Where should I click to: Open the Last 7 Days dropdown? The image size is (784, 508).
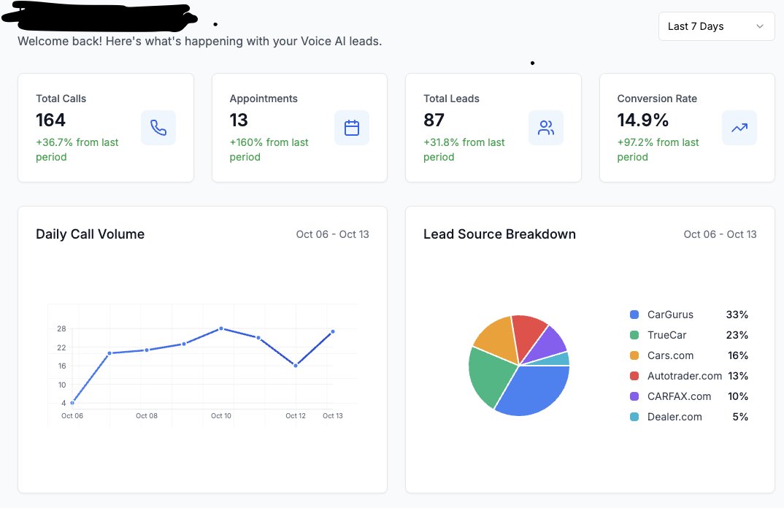click(x=715, y=26)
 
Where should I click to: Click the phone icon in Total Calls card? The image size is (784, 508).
click(x=158, y=128)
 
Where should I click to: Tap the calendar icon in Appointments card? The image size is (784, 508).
click(x=352, y=128)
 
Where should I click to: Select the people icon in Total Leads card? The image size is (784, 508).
click(x=546, y=128)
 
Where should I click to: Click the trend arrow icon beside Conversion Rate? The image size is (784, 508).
click(x=739, y=128)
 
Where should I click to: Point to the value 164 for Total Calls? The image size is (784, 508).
click(x=51, y=120)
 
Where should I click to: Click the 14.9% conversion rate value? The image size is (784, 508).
click(x=643, y=120)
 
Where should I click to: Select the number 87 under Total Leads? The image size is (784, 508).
click(x=434, y=120)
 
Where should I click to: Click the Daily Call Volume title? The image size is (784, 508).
click(x=91, y=234)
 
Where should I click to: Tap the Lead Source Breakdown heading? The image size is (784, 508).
click(x=499, y=234)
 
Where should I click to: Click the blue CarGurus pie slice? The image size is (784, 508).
click(x=533, y=390)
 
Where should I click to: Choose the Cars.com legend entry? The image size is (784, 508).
click(x=670, y=355)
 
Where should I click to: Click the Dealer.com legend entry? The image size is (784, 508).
click(x=674, y=417)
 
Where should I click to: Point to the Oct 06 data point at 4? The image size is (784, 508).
click(x=72, y=403)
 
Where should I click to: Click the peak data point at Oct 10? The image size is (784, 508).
click(x=221, y=328)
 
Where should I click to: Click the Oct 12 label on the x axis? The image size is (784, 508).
click(x=296, y=416)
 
